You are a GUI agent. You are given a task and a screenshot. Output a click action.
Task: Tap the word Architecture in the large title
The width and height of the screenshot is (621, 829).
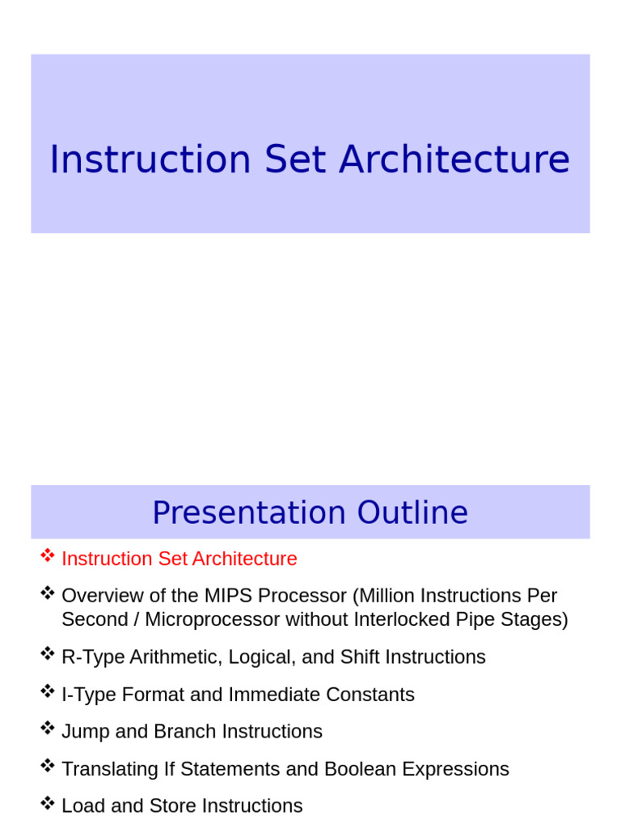click(x=454, y=159)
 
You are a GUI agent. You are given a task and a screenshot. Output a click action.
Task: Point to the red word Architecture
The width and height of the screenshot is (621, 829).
click(x=244, y=559)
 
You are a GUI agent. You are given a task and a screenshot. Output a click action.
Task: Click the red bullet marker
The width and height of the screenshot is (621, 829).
click(x=48, y=556)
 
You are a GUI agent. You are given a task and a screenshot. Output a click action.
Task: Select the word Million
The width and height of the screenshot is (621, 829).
click(x=384, y=596)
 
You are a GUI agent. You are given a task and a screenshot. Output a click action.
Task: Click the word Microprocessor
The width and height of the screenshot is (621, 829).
click(x=212, y=619)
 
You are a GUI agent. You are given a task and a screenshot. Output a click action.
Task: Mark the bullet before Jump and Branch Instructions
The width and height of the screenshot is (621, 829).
click(x=48, y=729)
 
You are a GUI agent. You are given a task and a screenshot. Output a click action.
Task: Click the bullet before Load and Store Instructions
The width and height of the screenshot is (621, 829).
click(x=48, y=803)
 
